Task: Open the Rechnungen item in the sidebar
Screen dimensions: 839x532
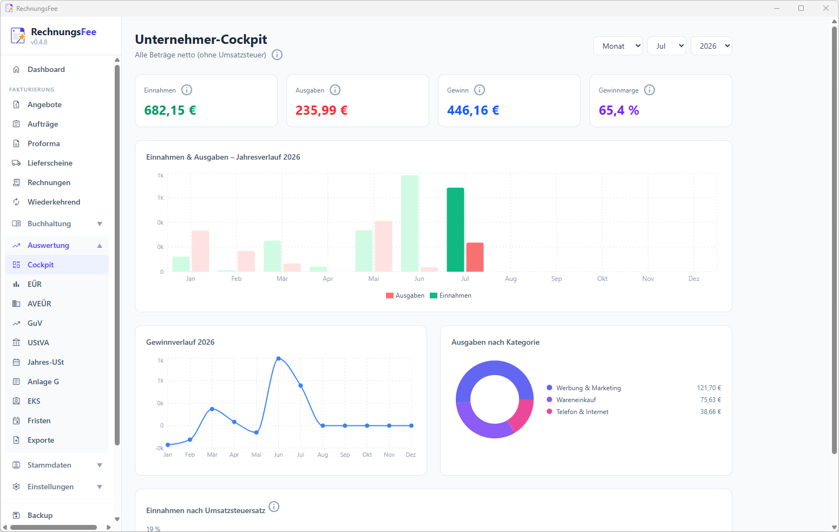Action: point(49,182)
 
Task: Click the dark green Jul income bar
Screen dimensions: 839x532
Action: point(455,229)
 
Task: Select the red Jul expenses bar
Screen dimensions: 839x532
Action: point(475,257)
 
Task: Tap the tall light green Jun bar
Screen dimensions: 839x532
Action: point(409,224)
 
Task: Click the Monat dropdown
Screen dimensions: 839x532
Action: point(618,45)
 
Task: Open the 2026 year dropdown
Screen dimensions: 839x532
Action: point(711,45)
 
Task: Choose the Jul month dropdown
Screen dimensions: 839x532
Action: point(667,45)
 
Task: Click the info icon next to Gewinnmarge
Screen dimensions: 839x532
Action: point(649,90)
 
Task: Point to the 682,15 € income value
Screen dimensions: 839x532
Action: point(170,110)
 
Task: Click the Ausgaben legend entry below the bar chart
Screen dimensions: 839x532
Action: point(405,295)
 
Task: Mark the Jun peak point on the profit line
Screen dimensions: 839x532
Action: point(278,358)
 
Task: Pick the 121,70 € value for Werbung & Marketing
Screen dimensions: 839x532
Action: point(709,388)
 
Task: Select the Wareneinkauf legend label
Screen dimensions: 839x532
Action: point(576,400)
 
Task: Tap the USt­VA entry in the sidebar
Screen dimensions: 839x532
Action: point(38,343)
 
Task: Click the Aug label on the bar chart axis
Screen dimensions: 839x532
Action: point(510,279)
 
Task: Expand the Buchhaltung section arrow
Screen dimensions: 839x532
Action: point(100,224)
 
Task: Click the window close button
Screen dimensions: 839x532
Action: point(825,8)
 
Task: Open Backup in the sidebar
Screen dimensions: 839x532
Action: point(40,515)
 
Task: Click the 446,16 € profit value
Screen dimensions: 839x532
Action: point(473,110)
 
